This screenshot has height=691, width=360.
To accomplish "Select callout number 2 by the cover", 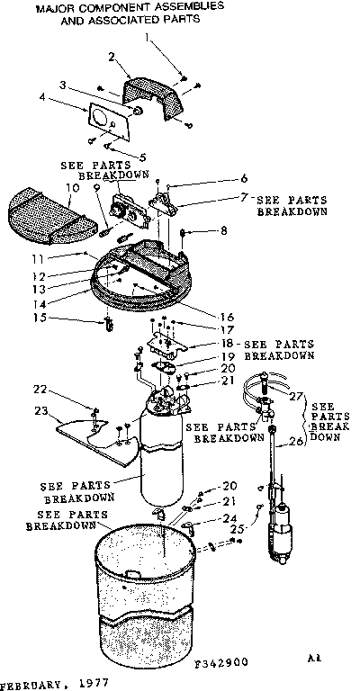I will point(112,56).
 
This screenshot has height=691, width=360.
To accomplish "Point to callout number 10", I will point(69,187).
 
